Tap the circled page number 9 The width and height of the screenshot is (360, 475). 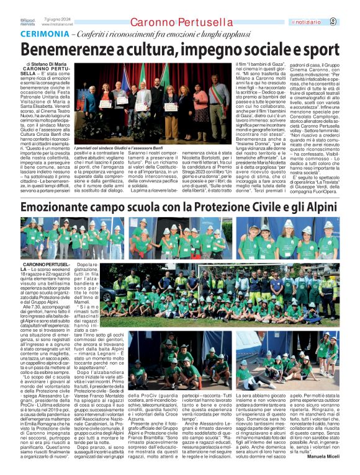pos(350,22)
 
